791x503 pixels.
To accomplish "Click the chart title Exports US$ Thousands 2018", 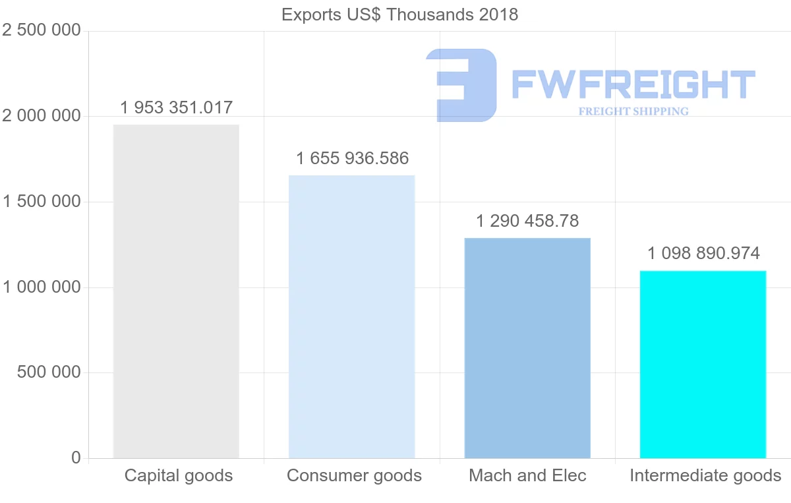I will coord(399,15).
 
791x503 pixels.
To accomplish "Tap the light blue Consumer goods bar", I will coord(352,316).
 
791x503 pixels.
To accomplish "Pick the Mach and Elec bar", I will coord(527,348).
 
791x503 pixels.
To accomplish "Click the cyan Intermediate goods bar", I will coord(703,364).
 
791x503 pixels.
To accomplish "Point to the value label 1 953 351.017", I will coord(177,107).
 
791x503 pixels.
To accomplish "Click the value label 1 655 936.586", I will coord(353,158).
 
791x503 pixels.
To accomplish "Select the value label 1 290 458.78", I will coord(527,221).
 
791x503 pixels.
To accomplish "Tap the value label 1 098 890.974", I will coord(703,253).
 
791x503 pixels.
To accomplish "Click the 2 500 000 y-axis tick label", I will coord(42,31).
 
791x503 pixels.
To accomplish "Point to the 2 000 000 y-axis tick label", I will coord(42,116).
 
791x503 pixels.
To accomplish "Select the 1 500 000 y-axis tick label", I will coord(42,202).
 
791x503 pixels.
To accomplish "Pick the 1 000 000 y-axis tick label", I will coord(42,287).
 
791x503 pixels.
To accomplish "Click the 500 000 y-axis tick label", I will coord(49,372).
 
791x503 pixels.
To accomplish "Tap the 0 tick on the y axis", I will coord(76,458).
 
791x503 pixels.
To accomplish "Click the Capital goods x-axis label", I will coord(179,475).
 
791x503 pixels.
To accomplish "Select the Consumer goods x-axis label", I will coord(355,475).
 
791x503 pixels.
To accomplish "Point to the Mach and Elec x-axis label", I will coord(527,475).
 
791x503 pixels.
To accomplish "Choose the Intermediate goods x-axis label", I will coord(705,475).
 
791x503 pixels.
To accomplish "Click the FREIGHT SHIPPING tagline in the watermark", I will coord(633,111).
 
